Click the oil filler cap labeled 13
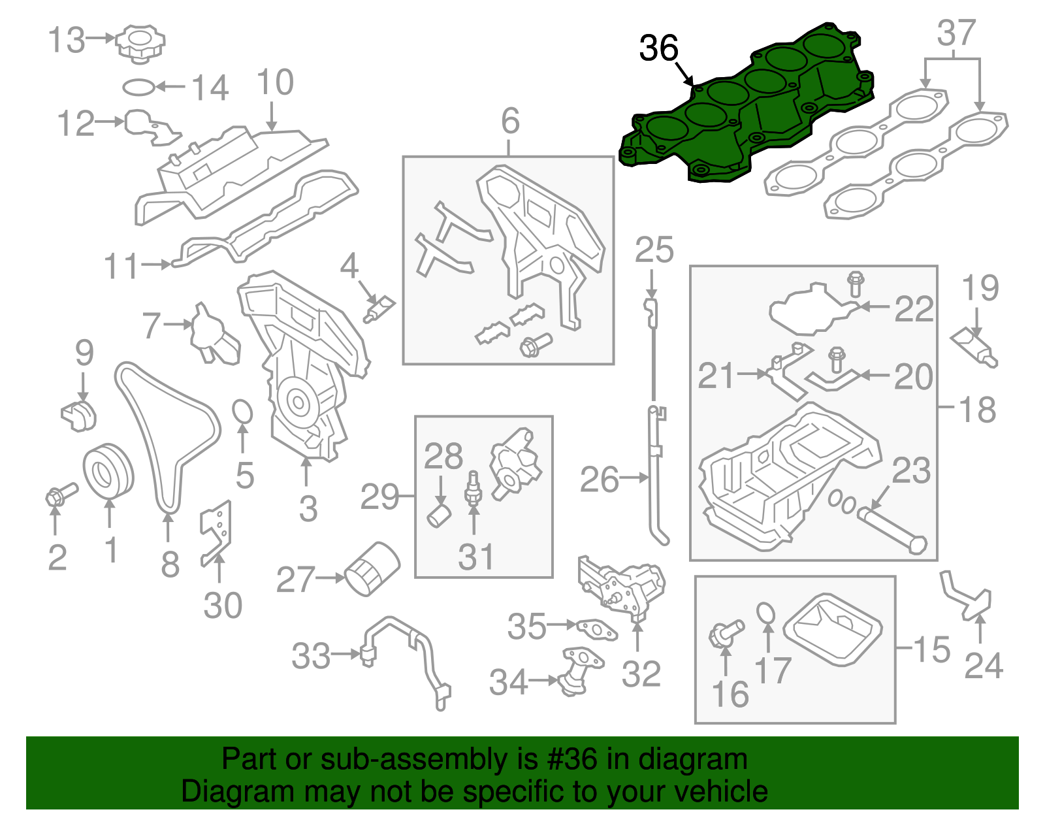140,43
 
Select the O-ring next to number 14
139,87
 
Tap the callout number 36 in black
658,48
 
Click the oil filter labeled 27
372,568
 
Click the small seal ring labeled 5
242,412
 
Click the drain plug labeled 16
724,633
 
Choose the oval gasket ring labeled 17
767,614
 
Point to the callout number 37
956,33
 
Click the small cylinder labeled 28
438,515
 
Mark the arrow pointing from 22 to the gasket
873,306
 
